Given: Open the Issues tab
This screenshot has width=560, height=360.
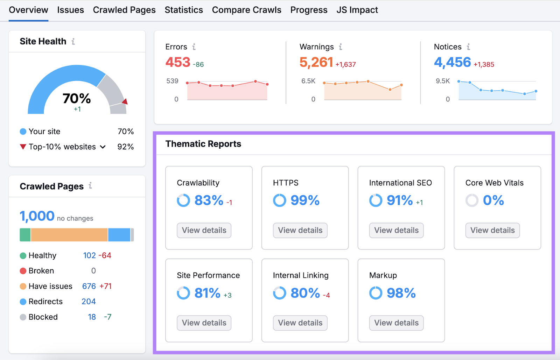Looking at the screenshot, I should pyautogui.click(x=70, y=10).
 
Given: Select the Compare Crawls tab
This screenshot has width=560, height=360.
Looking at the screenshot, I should pyautogui.click(x=246, y=10).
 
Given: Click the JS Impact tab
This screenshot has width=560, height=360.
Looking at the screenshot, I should pyautogui.click(x=357, y=10).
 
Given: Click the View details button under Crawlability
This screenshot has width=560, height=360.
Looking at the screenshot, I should pyautogui.click(x=204, y=230).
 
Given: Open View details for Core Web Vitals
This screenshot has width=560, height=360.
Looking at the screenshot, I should pyautogui.click(x=492, y=230).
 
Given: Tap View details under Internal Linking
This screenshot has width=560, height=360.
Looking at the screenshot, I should pyautogui.click(x=300, y=323).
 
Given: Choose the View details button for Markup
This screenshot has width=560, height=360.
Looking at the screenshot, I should pyautogui.click(x=396, y=323).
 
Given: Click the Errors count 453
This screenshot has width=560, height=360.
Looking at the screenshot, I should pyautogui.click(x=178, y=62).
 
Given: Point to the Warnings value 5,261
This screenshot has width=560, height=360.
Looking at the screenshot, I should pyautogui.click(x=316, y=62).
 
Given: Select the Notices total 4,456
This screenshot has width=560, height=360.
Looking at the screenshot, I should pyautogui.click(x=452, y=62).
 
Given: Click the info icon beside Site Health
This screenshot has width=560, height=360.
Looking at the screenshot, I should pyautogui.click(x=73, y=41).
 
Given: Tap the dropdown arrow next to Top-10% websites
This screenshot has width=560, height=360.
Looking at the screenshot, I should pyautogui.click(x=103, y=147).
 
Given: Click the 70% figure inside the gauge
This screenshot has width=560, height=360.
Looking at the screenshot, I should pyautogui.click(x=77, y=99).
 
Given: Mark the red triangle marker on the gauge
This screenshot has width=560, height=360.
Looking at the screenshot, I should pyautogui.click(x=125, y=101).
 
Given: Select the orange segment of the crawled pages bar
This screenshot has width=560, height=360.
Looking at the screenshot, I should pyautogui.click(x=69, y=235).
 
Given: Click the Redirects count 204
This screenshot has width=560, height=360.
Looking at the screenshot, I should pyautogui.click(x=89, y=302).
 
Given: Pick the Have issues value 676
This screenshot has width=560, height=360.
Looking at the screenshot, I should pyautogui.click(x=89, y=286).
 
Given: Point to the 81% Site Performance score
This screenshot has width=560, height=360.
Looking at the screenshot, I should pyautogui.click(x=207, y=293).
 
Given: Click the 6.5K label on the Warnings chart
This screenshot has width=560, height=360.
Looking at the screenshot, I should pyautogui.click(x=308, y=81).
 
